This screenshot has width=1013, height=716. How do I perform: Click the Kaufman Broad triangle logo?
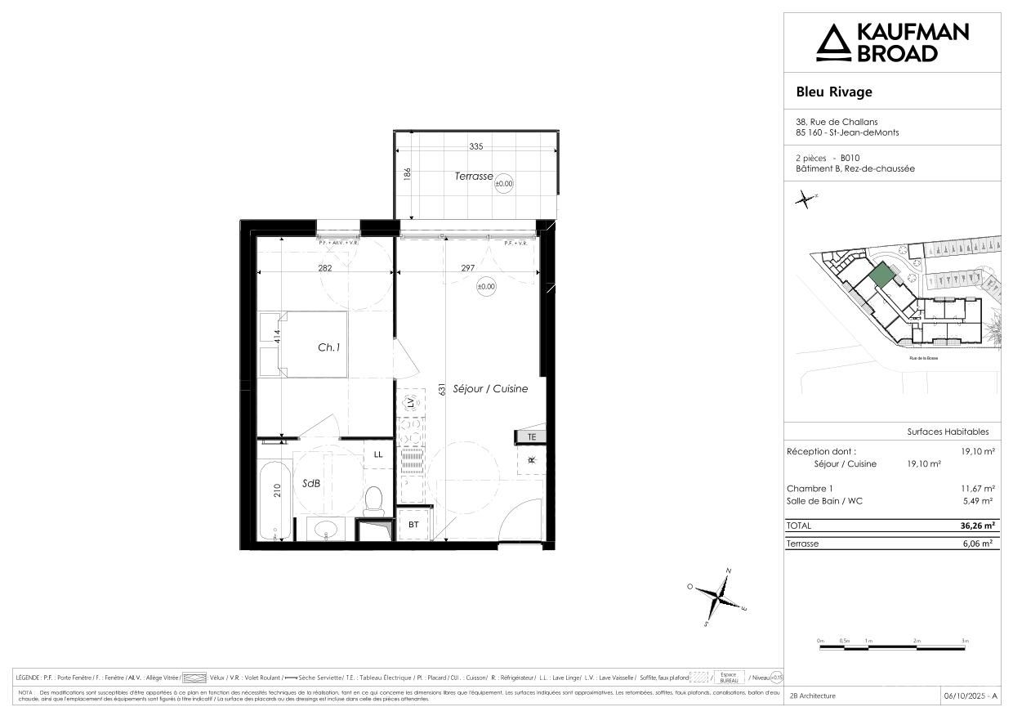click(x=833, y=43)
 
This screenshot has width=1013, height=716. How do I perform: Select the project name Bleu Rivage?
click(x=834, y=92)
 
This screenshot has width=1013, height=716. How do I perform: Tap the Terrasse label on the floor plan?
click(x=474, y=177)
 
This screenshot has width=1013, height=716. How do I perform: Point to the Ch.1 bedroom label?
click(x=328, y=347)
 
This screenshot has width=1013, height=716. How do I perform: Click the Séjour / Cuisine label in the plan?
click(x=490, y=389)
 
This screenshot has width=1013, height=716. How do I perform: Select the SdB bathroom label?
click(x=310, y=483)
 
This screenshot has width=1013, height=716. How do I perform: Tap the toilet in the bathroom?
click(x=374, y=498)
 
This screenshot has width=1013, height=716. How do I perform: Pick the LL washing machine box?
click(x=378, y=454)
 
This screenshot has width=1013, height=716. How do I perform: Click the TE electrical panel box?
click(x=530, y=437)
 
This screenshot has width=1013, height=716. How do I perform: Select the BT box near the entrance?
click(x=413, y=525)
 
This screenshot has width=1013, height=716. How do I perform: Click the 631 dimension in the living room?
click(x=441, y=389)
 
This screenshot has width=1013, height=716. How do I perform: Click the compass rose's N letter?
click(x=729, y=571)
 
